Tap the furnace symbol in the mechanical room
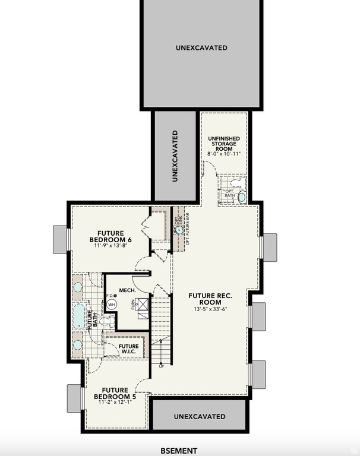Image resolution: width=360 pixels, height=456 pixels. click(142, 306)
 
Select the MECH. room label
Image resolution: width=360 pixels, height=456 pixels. click(127, 290)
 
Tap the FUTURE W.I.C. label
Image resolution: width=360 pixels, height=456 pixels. click(128, 349)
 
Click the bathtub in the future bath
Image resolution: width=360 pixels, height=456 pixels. click(78, 316)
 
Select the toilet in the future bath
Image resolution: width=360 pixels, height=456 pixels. click(105, 321)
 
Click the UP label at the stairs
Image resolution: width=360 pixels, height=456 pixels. click(161, 366)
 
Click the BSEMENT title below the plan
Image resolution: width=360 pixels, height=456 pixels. click(179, 451)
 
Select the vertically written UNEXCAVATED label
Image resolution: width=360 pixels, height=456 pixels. click(175, 156)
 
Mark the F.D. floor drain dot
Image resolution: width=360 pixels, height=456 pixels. click(115, 295)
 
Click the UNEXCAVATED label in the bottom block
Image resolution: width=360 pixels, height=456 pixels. click(200, 416)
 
